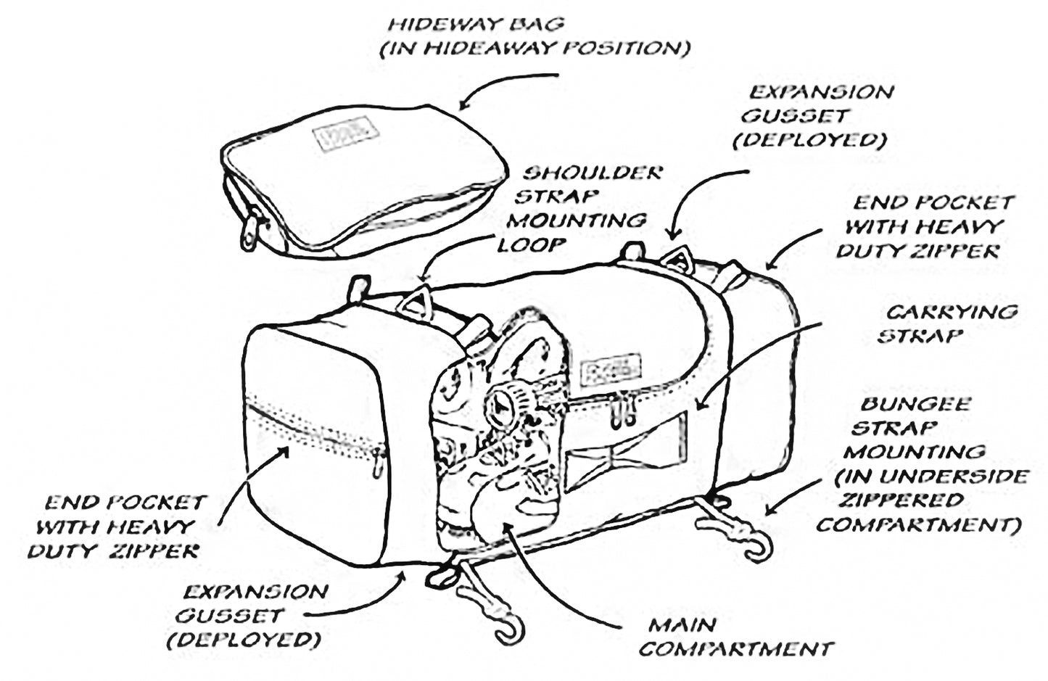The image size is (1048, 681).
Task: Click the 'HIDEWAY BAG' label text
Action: point(475,24)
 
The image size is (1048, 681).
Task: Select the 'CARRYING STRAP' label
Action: point(946,323)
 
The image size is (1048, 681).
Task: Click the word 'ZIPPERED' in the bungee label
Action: point(901,500)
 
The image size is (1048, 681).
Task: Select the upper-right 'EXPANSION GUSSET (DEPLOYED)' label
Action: point(814,116)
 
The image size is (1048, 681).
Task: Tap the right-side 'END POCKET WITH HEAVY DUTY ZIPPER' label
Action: point(925,227)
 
